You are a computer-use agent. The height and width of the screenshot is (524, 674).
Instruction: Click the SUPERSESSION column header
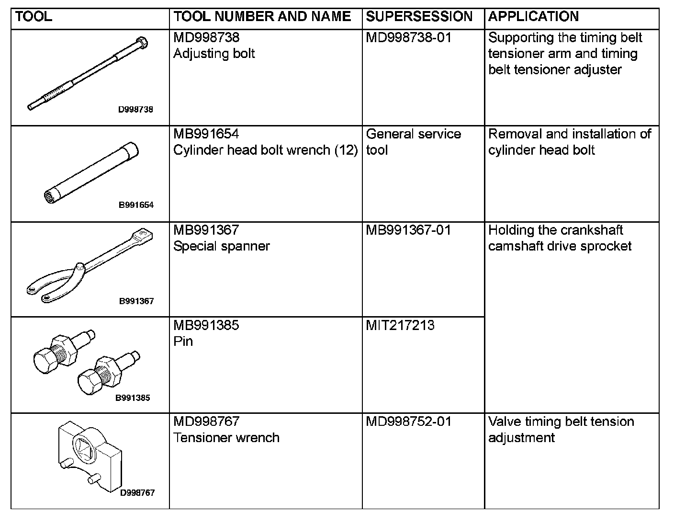[419, 17]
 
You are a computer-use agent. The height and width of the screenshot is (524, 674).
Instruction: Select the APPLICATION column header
[533, 17]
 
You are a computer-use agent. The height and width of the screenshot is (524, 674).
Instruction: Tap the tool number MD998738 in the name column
[206, 37]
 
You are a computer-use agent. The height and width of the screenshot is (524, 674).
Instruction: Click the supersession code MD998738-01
[408, 37]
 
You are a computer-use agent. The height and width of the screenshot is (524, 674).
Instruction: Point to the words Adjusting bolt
[214, 53]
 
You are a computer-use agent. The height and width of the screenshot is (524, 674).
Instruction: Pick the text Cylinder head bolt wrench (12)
[265, 150]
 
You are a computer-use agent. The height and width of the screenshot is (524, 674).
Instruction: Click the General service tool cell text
[413, 142]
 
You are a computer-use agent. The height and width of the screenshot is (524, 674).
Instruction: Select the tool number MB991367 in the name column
[206, 230]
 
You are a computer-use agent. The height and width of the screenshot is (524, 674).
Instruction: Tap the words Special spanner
[222, 246]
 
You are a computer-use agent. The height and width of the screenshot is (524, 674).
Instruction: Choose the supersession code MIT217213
[400, 326]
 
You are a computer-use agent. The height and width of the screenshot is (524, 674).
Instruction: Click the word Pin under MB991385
[183, 342]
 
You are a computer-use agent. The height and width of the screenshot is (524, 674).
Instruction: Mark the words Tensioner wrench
[226, 438]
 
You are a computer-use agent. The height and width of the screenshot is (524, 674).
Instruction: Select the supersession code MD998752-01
[408, 422]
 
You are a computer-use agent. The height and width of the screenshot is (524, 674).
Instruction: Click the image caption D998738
[136, 109]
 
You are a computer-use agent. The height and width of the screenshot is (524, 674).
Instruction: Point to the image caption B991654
[136, 205]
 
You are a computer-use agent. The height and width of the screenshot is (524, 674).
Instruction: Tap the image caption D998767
[137, 493]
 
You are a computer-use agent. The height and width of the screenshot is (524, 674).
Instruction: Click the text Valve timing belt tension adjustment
[561, 430]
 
